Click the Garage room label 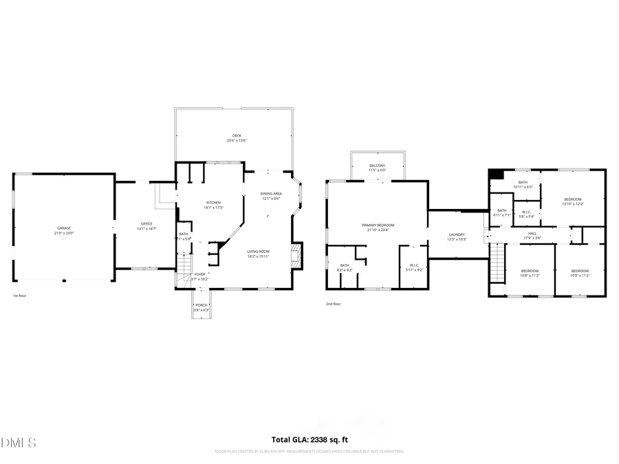[64, 228]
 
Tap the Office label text [146, 224]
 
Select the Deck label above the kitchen [237, 136]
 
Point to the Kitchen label [214, 203]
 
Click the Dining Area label [271, 195]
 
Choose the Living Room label [259, 252]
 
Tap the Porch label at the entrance [201, 305]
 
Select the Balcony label [377, 166]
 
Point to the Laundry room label [457, 235]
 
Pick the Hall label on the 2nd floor [532, 234]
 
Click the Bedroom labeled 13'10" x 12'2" [572, 200]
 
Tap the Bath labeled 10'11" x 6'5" [523, 183]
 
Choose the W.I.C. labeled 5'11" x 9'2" [415, 266]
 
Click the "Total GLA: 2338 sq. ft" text [309, 439]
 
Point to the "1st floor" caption [20, 296]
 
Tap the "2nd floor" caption [333, 303]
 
